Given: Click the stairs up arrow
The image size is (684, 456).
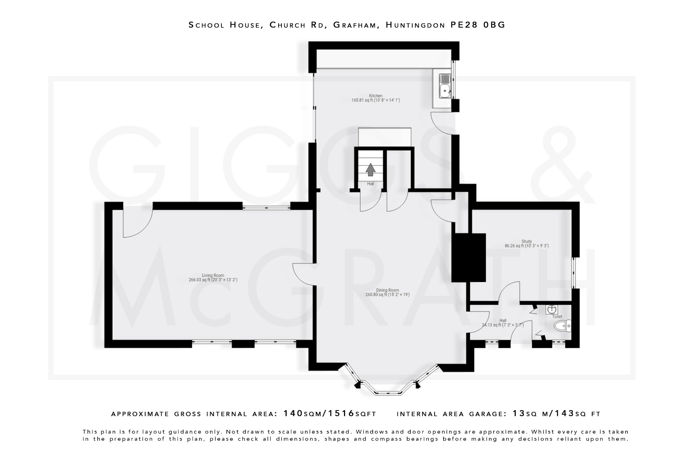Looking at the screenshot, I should (370, 169).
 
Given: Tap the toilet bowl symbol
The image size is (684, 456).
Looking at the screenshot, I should (562, 325).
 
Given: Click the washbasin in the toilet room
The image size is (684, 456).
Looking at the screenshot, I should (551, 309).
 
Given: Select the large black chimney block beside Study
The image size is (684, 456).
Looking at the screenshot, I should (468, 258).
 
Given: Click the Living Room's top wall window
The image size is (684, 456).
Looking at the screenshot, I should (266, 208).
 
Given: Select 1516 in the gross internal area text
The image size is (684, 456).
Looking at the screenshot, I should (341, 414).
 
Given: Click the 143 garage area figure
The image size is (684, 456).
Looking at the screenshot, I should (564, 414).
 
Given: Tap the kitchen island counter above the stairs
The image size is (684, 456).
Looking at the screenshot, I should (384, 137).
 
